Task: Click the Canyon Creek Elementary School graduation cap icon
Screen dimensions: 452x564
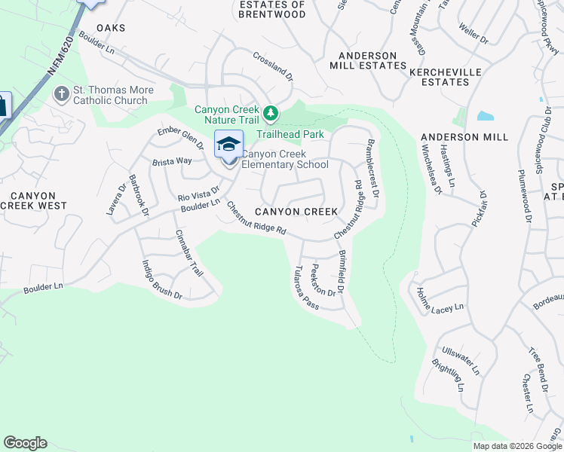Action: click(228, 143)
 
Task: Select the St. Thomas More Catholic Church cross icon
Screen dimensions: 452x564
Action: click(60, 95)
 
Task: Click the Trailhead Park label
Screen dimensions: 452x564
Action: click(290, 134)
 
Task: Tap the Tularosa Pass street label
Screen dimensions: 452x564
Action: click(308, 288)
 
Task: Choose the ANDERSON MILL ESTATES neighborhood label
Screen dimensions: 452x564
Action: click(367, 60)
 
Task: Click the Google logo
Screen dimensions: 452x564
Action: click(26, 443)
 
